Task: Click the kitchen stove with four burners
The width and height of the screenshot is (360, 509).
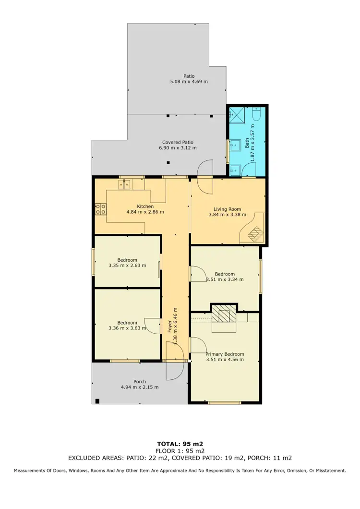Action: (101, 208)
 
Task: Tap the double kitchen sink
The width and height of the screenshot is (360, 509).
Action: (124, 183)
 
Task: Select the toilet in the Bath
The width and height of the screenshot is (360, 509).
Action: (256, 115)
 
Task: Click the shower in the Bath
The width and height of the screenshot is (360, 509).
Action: (236, 115)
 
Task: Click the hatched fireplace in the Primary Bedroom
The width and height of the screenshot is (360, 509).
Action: (224, 315)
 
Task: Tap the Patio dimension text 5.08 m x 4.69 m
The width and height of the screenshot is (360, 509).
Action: (189, 82)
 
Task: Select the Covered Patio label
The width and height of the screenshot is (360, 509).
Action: (178, 142)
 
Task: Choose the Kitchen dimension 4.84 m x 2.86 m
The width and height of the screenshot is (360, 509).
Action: (145, 212)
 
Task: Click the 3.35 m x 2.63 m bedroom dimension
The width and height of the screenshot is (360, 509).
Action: (127, 266)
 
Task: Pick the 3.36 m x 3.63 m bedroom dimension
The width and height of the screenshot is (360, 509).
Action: (127, 328)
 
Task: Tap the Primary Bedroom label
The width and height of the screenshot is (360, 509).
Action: (225, 353)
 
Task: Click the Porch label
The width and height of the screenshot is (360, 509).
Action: (140, 382)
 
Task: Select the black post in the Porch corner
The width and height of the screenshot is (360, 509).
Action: (97, 401)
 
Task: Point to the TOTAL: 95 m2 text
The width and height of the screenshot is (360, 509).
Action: (180, 444)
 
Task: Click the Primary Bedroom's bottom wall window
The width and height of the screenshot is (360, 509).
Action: (225, 403)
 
